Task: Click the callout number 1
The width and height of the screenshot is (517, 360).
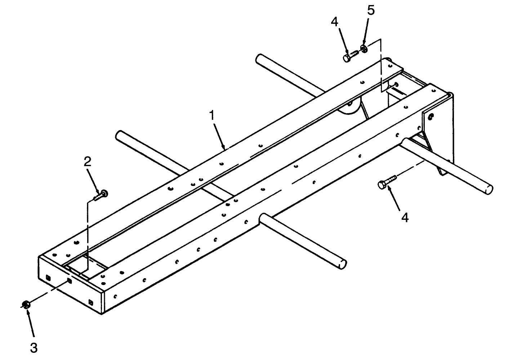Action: click(x=212, y=115)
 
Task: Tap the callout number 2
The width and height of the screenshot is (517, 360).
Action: click(x=87, y=162)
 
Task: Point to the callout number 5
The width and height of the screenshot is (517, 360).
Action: click(x=371, y=10)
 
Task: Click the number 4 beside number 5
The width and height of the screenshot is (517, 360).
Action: click(x=334, y=22)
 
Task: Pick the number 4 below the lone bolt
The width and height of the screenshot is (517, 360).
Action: click(x=405, y=218)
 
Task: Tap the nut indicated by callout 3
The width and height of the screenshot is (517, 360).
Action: click(x=26, y=305)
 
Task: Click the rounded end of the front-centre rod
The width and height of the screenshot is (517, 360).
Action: click(x=343, y=264)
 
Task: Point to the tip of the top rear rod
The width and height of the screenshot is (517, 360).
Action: click(x=259, y=58)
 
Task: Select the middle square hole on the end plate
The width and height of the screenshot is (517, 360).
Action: click(x=69, y=281)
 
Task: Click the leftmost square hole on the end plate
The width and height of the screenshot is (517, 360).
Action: click(x=48, y=277)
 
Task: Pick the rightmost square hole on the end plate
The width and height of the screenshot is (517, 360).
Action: click(x=91, y=302)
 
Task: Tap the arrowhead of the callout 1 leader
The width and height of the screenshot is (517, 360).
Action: click(x=223, y=146)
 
